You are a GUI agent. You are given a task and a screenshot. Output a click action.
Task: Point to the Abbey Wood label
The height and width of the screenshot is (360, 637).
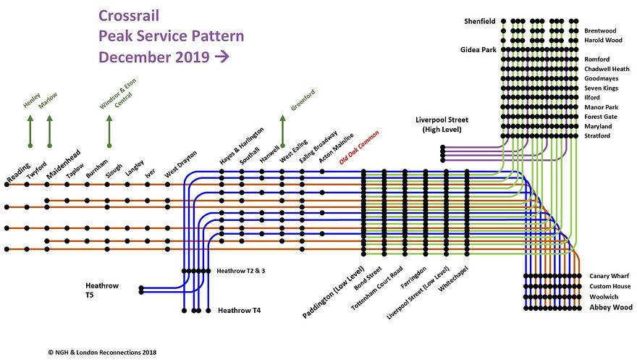tap(611, 308)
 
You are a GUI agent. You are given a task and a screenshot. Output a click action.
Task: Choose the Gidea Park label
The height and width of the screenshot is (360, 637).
tap(478, 50)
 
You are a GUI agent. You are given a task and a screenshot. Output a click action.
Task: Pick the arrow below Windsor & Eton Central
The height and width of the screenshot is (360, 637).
tap(109, 132)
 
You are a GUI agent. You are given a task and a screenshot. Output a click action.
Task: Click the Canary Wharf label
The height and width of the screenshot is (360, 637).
tap(609, 276)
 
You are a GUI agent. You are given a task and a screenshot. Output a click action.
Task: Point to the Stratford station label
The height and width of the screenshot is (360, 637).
tap(599, 135)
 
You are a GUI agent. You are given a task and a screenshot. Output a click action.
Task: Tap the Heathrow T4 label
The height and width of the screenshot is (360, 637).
tap(239, 311)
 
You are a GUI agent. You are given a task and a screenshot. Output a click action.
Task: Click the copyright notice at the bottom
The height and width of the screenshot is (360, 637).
tap(98, 352)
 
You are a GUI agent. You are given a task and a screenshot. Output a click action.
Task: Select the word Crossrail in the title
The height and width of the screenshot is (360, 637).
tap(129, 15)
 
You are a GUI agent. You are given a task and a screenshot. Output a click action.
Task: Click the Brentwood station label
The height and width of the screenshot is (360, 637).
tap(600, 31)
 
